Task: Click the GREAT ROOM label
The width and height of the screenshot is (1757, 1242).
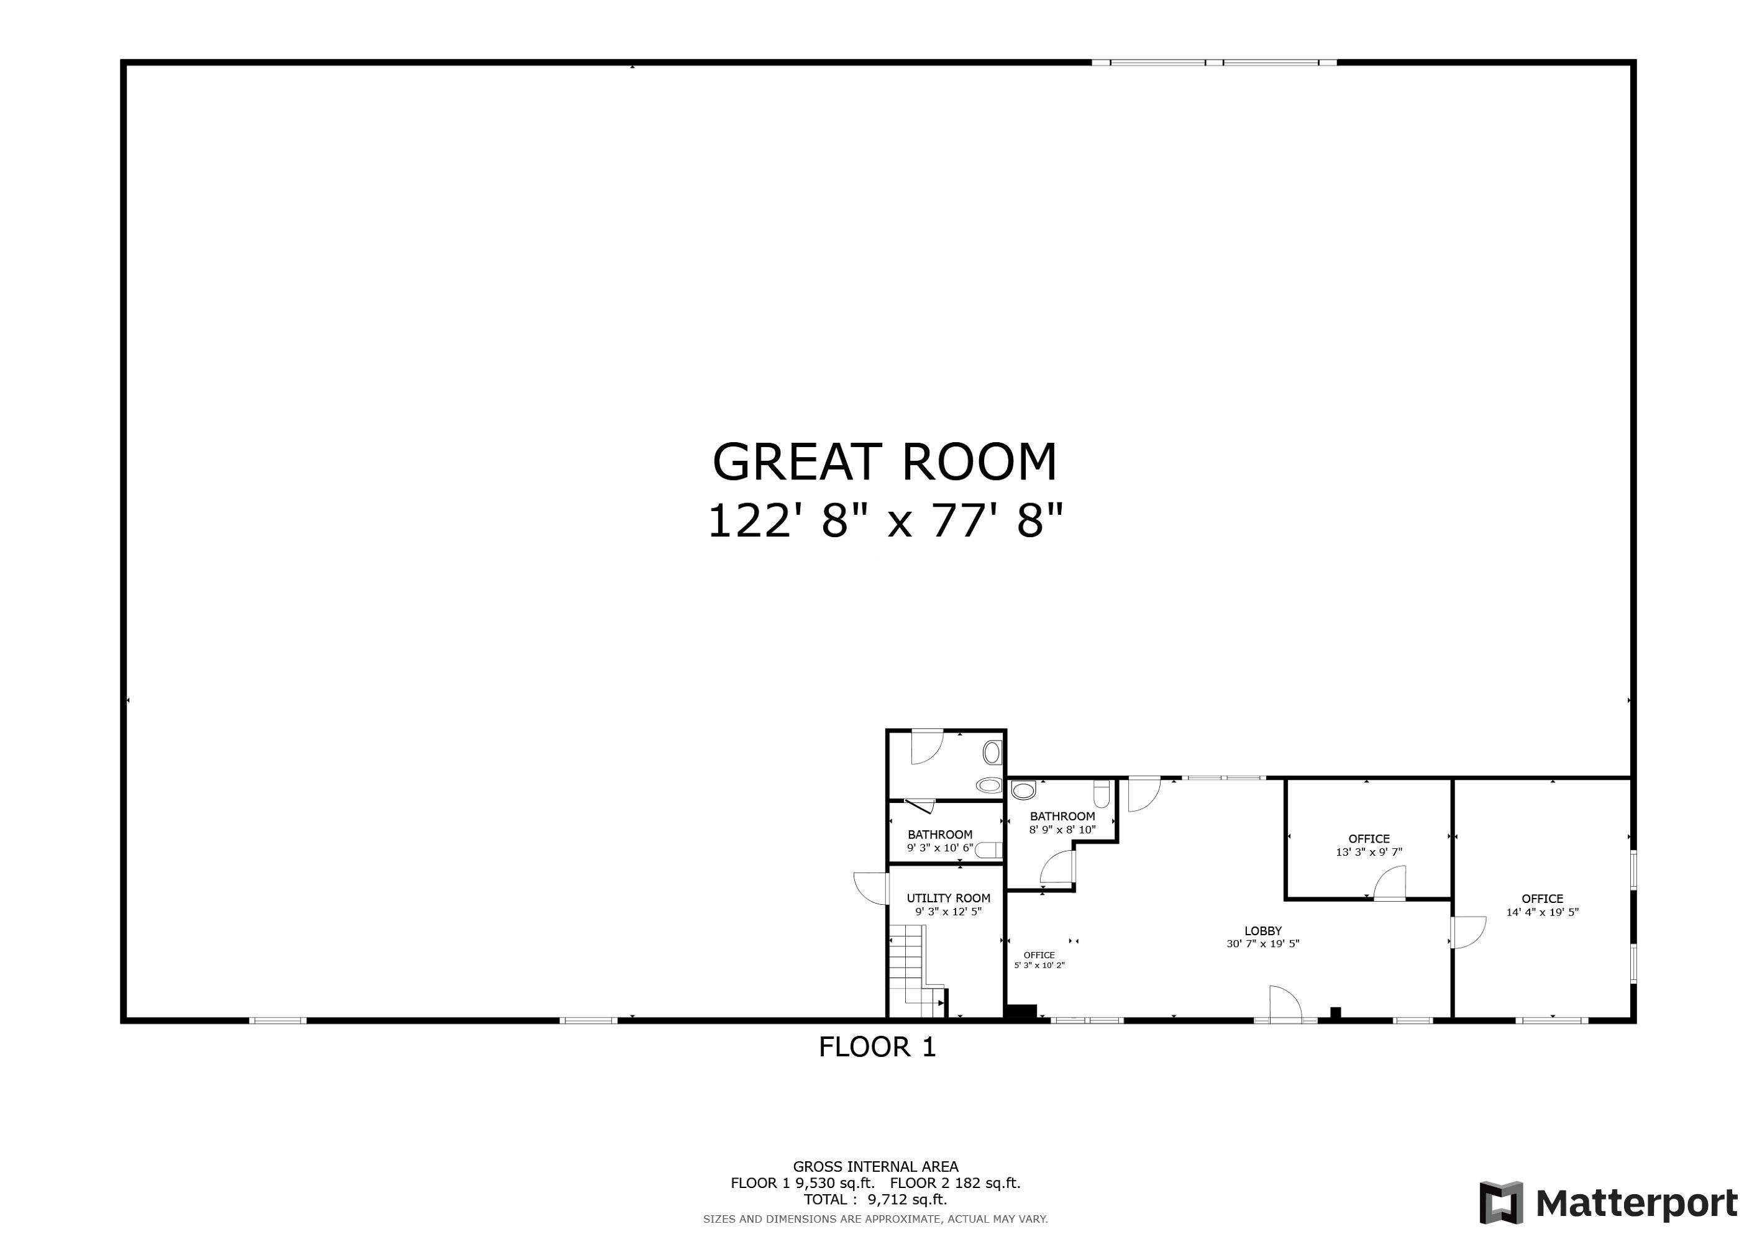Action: tap(885, 462)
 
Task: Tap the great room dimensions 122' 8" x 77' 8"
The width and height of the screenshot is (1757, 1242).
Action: tap(885, 522)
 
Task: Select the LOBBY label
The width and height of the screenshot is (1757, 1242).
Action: tap(1262, 931)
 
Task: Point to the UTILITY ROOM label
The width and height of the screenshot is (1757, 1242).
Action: tap(948, 898)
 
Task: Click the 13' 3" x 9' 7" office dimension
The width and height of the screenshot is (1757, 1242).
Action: tap(1369, 852)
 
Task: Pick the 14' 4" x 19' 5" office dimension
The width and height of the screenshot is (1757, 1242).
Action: tap(1543, 912)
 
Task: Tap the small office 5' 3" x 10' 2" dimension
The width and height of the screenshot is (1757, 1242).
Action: tap(1039, 965)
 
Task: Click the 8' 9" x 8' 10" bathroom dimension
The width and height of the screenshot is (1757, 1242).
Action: tap(1062, 829)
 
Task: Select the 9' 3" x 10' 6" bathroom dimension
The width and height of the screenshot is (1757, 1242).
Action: tap(940, 848)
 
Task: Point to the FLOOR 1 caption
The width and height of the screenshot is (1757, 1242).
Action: tap(877, 1047)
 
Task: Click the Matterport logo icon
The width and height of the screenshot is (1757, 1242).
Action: tap(1502, 1203)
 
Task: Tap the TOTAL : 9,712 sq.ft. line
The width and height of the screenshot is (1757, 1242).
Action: tap(875, 1199)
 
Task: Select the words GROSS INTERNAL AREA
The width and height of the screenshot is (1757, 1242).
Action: tap(875, 1166)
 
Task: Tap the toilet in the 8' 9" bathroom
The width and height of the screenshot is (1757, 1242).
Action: tap(1023, 789)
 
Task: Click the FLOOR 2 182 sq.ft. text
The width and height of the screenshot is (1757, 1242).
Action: tap(955, 1183)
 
